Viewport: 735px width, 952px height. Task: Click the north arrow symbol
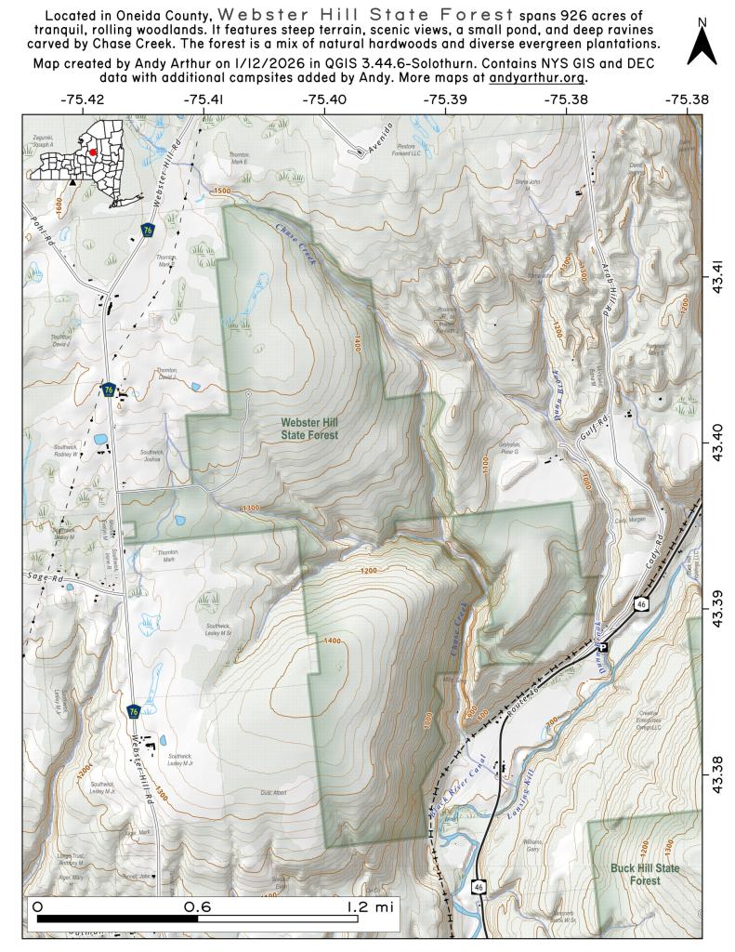click(702, 45)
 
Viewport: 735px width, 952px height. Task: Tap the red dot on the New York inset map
click(93, 152)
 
